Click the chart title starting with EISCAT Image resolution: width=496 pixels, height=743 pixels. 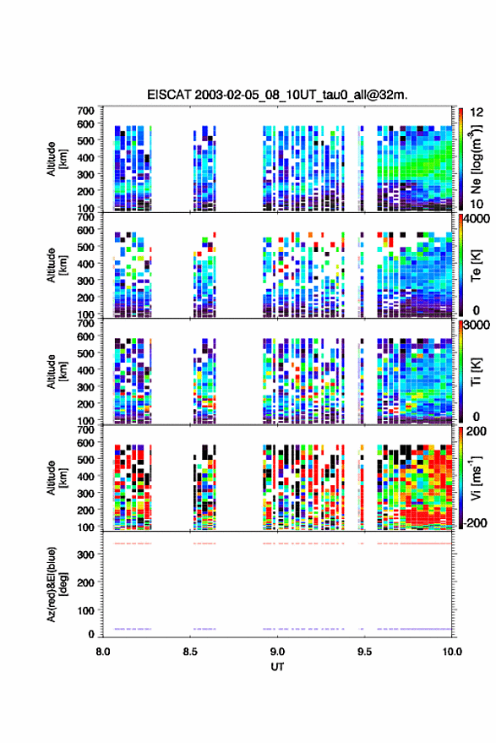coord(277,95)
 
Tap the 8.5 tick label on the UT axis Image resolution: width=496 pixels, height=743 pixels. coord(190,652)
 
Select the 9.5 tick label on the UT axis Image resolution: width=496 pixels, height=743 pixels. coord(364,652)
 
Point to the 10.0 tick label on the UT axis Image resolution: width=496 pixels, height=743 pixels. coord(452,652)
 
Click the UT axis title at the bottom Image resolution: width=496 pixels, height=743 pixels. coord(277,667)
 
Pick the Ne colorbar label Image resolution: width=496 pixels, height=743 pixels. coord(476,159)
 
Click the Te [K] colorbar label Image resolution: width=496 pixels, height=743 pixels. coord(476,265)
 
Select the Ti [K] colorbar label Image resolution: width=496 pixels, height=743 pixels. coord(476,372)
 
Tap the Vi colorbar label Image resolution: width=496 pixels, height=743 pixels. coord(476,478)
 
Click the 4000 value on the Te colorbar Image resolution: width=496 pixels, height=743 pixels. coord(477,220)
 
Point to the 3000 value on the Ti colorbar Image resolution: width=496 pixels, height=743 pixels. coord(477,325)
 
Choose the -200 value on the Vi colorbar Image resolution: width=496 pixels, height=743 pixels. coord(475,523)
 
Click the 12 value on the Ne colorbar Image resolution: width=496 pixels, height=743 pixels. coord(477,112)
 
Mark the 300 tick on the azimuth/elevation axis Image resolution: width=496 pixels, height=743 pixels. coord(85,555)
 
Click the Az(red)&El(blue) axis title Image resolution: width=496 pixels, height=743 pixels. coord(57,584)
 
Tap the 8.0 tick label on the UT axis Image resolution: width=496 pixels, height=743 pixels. coord(103,652)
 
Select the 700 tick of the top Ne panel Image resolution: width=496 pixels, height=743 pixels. coord(85,111)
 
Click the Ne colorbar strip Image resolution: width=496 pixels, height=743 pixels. coord(461,159)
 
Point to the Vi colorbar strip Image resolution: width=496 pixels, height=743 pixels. coord(461,478)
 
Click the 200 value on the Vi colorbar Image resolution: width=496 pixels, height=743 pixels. coord(476,432)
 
